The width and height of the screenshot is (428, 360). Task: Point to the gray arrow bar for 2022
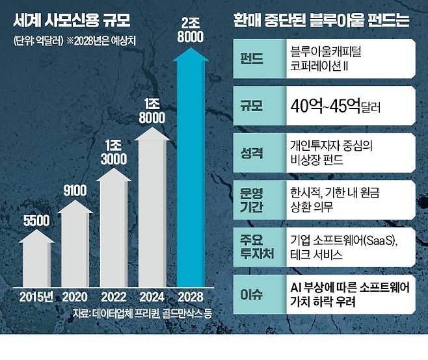[x=115, y=224]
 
